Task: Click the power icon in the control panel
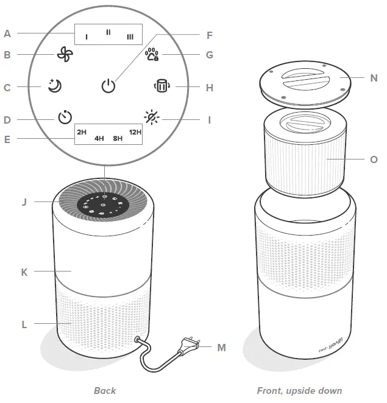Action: [x=108, y=86]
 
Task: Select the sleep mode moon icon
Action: [x=55, y=86]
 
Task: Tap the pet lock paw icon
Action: [x=151, y=55]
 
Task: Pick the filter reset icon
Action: [x=161, y=86]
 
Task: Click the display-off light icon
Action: [x=150, y=117]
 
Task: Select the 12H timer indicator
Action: [x=135, y=131]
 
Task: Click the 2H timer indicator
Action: [x=82, y=131]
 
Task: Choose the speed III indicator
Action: [x=130, y=37]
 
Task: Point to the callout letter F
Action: [x=210, y=35]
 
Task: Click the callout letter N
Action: [x=373, y=78]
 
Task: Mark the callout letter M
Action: [x=221, y=348]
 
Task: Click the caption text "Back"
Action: [x=105, y=390]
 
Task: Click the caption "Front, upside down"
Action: [x=299, y=390]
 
